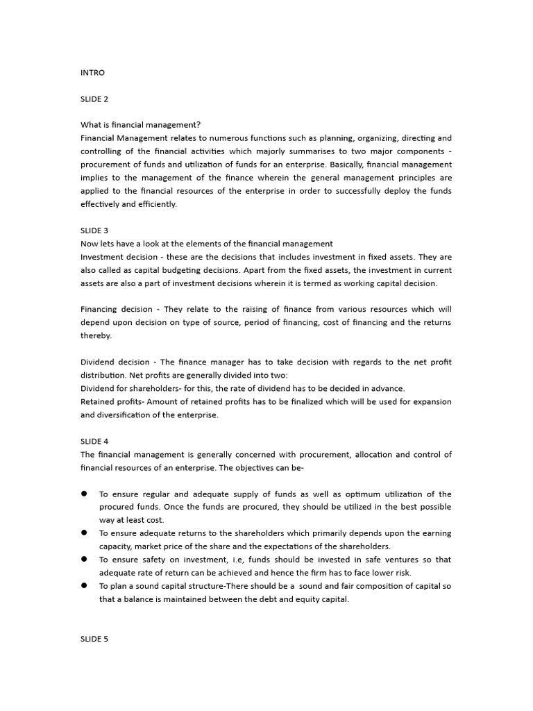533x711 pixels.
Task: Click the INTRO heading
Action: pyautogui.click(x=92, y=72)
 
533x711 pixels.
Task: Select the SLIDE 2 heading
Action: pyautogui.click(x=94, y=99)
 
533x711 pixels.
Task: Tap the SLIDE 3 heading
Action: pyautogui.click(x=94, y=231)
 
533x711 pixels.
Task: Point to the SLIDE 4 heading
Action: pyautogui.click(x=94, y=442)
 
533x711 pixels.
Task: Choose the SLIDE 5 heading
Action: pyautogui.click(x=94, y=639)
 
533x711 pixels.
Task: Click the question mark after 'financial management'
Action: pyautogui.click(x=198, y=125)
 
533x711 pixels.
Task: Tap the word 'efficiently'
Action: pyautogui.click(x=158, y=204)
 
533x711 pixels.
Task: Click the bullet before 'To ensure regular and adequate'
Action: pyautogui.click(x=84, y=494)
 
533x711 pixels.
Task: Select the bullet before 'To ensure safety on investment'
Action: pyautogui.click(x=84, y=560)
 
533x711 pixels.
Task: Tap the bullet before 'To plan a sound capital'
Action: pyautogui.click(x=84, y=586)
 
